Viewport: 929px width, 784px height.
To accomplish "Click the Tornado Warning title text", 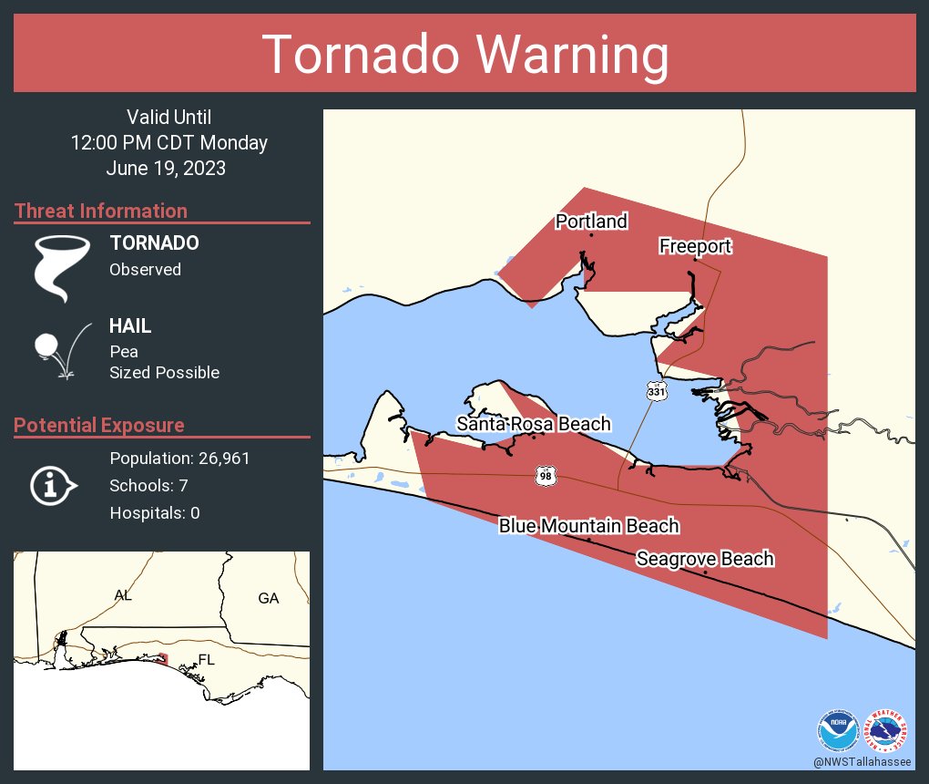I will point(464,55).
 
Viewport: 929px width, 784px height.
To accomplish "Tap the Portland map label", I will point(591,222).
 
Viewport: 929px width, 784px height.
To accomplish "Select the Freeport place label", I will point(695,246).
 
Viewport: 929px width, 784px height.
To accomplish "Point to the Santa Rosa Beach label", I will point(534,424).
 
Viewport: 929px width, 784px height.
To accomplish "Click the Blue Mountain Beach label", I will point(588,526).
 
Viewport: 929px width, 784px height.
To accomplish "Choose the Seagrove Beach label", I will point(705,559).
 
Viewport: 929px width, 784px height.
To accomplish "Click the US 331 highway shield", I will point(656,390).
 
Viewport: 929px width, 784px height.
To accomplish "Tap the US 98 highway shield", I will point(544,475).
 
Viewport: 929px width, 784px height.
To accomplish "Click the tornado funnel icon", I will point(61,268).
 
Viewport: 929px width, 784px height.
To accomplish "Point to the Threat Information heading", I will point(101,211).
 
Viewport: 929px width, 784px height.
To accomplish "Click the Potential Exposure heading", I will point(99,426).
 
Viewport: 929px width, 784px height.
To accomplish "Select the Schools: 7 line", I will point(148,485).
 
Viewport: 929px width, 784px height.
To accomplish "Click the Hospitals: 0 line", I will point(155,513).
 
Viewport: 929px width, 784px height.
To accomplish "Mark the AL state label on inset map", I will point(123,595).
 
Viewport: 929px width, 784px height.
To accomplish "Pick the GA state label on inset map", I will point(268,598).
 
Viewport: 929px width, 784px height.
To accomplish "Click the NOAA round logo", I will point(837,731).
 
